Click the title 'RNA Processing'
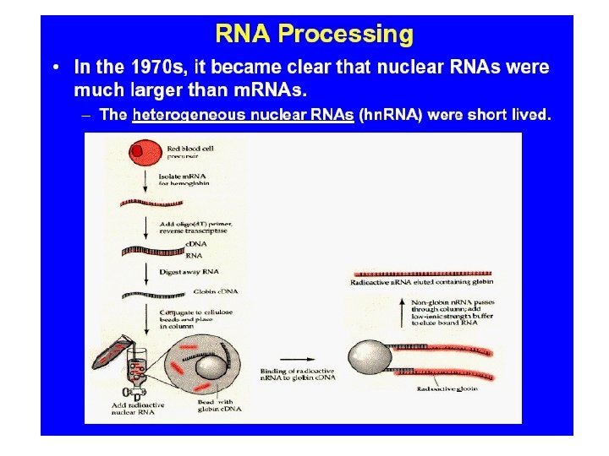pyautogui.click(x=315, y=35)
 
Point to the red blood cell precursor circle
pyautogui.click(x=144, y=154)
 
